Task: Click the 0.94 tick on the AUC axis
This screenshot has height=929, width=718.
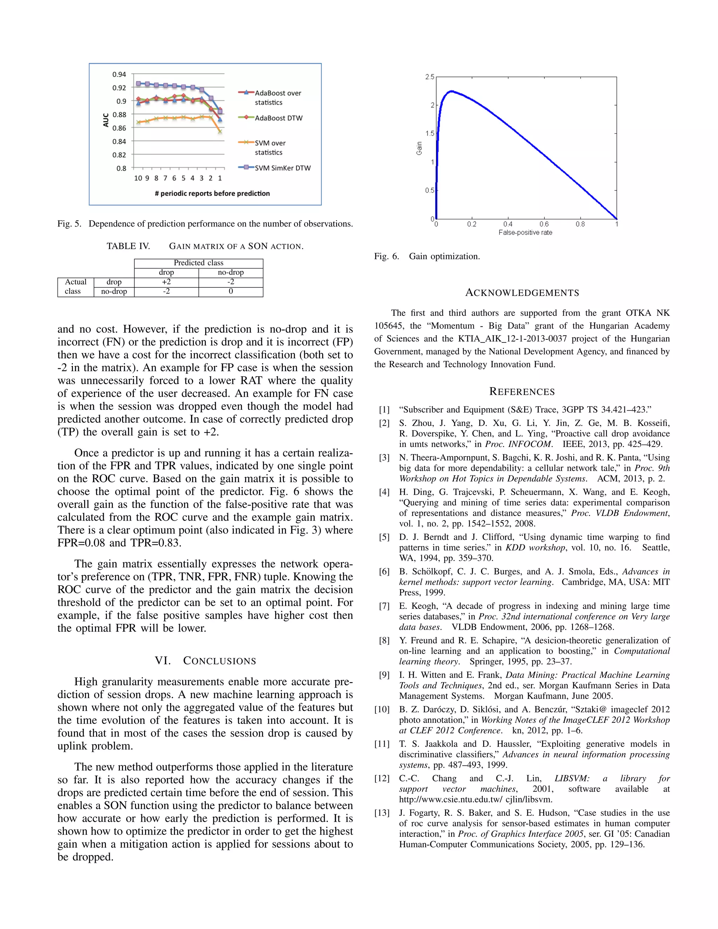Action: (119, 74)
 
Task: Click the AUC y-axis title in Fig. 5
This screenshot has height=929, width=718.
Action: (106, 120)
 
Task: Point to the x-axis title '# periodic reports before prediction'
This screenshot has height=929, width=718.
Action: (212, 194)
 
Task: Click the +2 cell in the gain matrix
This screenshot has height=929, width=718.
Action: (166, 282)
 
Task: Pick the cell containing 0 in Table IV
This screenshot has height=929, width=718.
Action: (231, 291)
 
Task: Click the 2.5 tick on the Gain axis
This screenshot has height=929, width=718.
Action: (429, 77)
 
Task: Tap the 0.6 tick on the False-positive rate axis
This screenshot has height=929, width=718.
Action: (544, 224)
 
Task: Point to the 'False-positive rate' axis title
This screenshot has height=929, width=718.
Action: (525, 233)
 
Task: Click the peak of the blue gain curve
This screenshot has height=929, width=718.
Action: (451, 91)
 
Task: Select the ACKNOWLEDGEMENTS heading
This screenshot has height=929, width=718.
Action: (522, 293)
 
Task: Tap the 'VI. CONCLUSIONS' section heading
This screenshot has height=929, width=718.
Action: (205, 660)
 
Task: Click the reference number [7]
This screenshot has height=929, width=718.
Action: (384, 606)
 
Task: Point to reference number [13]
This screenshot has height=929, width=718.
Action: (382, 813)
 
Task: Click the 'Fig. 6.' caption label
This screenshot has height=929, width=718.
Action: (386, 257)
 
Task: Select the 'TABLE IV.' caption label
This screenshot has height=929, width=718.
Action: (128, 246)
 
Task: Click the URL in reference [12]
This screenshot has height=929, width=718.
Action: (475, 799)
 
